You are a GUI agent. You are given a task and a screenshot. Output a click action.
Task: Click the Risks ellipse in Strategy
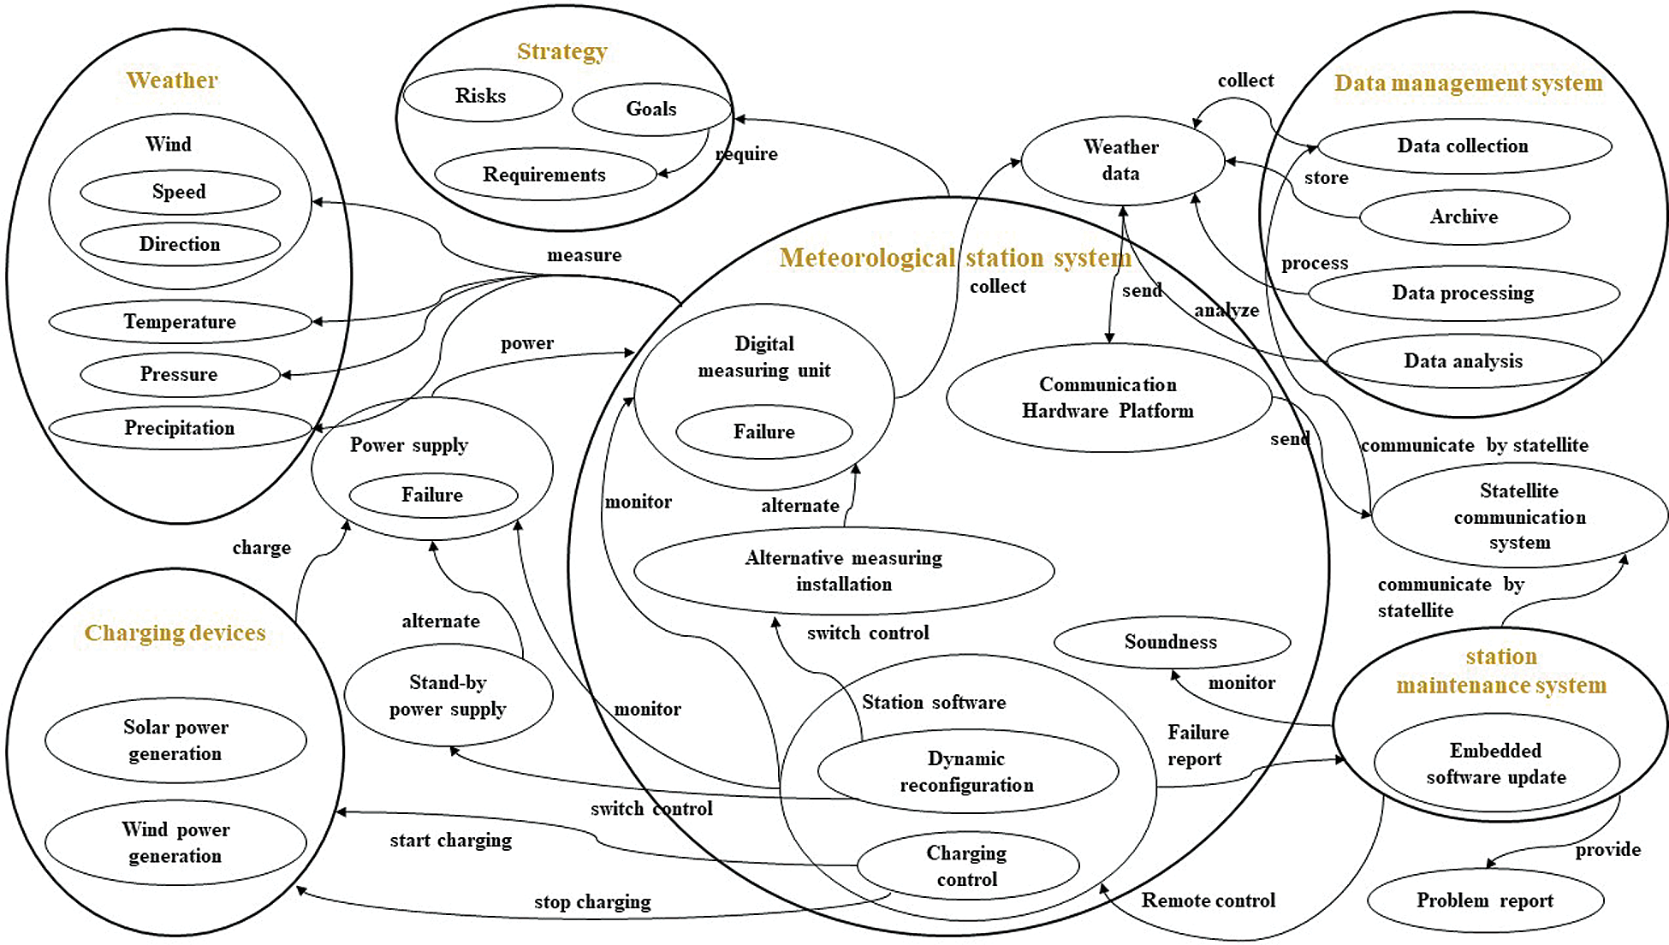tap(482, 96)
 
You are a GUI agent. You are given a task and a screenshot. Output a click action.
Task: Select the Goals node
tap(651, 109)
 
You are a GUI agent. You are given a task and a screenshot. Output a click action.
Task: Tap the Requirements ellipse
tap(544, 175)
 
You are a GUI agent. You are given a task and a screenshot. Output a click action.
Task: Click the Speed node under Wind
tap(179, 192)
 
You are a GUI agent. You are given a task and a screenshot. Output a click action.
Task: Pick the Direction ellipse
tap(180, 245)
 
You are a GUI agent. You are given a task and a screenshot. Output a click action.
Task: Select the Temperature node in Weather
tap(180, 322)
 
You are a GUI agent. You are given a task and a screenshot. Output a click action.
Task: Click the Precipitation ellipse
tap(180, 428)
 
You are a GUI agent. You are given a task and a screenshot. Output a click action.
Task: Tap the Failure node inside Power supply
tap(432, 495)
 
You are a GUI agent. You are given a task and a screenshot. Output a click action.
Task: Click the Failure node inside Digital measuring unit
tap(763, 431)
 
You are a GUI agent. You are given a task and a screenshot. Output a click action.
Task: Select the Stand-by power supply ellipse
tap(448, 696)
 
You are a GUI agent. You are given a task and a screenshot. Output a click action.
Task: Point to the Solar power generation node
tap(175, 740)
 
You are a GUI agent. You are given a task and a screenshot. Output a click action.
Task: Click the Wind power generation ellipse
tap(175, 843)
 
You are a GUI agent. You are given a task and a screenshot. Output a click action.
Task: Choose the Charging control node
tap(967, 866)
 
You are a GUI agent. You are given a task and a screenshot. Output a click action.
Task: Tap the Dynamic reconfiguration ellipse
tap(967, 771)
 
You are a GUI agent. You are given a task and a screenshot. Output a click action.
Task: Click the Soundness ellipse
tap(1171, 642)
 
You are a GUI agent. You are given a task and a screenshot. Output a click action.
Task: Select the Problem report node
tap(1485, 900)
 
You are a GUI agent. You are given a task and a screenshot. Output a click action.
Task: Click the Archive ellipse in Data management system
tap(1464, 217)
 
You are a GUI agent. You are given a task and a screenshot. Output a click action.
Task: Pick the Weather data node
tap(1121, 160)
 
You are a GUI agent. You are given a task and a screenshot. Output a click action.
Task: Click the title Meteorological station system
tap(955, 258)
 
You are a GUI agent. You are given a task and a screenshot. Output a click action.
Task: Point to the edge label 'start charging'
tap(451, 840)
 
